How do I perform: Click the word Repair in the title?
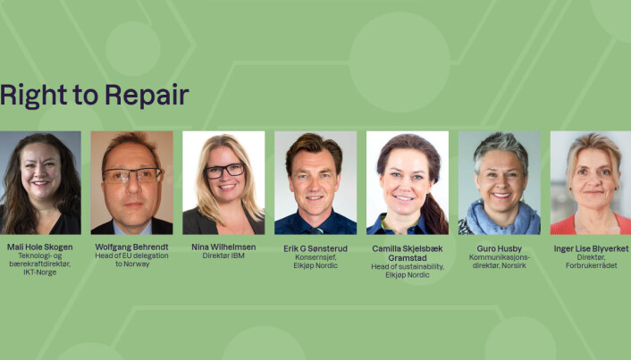click(x=147, y=96)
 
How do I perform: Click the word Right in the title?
click(x=33, y=96)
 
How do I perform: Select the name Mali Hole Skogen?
click(x=40, y=247)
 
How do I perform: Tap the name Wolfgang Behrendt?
click(x=131, y=247)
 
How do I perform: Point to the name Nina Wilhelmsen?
click(x=223, y=247)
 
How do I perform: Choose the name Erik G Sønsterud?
click(x=315, y=248)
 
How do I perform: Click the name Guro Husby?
click(x=499, y=248)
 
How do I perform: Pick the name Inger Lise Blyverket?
click(x=591, y=248)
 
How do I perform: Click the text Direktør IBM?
click(x=223, y=255)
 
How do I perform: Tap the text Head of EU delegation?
click(x=131, y=255)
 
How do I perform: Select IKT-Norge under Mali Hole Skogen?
click(x=40, y=272)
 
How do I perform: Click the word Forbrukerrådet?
click(x=591, y=265)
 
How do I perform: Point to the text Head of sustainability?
click(x=408, y=267)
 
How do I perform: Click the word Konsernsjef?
click(x=315, y=257)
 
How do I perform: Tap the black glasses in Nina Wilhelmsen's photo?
click(x=224, y=171)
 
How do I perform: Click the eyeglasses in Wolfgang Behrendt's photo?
click(x=132, y=175)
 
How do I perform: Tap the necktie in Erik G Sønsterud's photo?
click(x=315, y=230)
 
